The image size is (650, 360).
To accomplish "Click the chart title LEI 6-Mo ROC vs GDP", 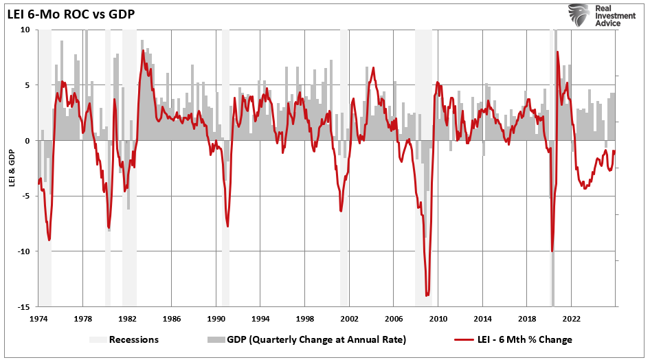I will coord(70,13).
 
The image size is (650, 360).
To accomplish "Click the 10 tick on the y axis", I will coord(24,30).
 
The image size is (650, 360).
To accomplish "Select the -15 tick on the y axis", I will coord(23,306).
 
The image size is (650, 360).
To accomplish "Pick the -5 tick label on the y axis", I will coord(24,196).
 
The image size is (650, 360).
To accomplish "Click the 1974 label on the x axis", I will coord(38,319).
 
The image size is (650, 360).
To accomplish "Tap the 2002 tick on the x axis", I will coord(349,319).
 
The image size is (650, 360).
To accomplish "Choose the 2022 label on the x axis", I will coord(571,319).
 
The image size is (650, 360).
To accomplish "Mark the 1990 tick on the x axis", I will coord(216,319).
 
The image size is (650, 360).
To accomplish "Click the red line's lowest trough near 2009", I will coord(427,295).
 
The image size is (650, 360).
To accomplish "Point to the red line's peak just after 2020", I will coord(557,52).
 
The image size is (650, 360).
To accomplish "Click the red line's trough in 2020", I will coord(552,251).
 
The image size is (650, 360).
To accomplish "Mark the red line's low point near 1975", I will coord(49,240).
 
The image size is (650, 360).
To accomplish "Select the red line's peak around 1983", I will coord(143,51).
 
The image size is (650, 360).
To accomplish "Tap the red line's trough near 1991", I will coord(227,226).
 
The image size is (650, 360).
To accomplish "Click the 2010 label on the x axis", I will coord(438,319).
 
